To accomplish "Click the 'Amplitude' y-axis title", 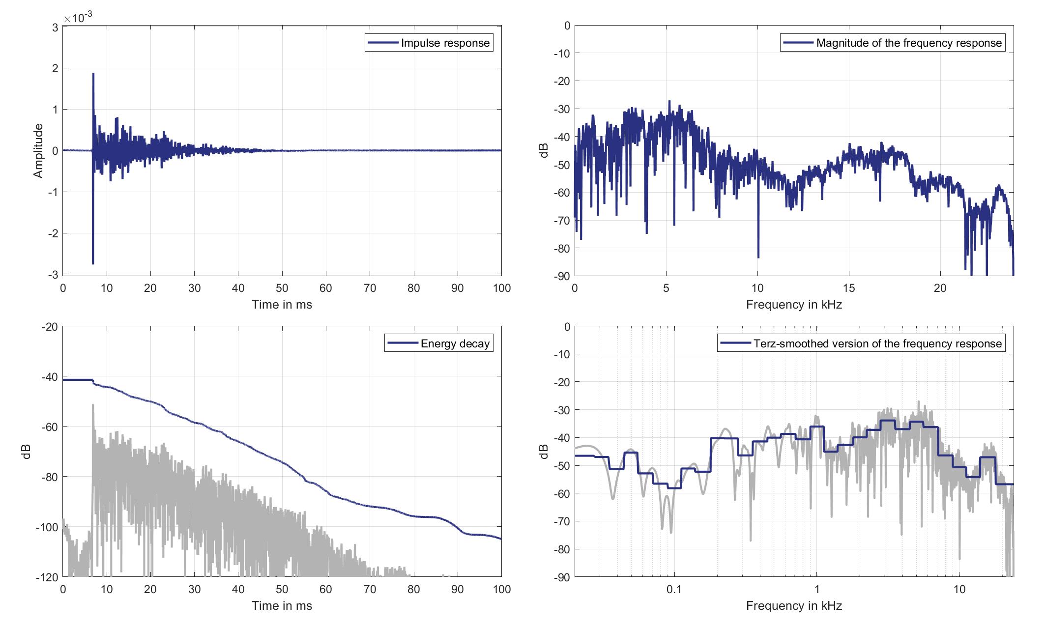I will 38,151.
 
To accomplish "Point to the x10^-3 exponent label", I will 78,18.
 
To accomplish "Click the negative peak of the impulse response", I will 93,263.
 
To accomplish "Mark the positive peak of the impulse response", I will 93,74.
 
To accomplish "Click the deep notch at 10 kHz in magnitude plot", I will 758,256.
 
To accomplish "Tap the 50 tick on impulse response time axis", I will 282,288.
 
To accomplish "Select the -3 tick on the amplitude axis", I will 53,275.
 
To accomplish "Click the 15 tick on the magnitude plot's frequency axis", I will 849,288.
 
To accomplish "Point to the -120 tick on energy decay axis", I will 47,577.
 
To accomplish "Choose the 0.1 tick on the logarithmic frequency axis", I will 674,589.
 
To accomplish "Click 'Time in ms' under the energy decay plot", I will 282,606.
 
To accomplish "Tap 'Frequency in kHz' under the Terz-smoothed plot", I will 794,606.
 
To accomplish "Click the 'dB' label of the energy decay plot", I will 27,452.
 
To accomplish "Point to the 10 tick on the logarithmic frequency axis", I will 959,589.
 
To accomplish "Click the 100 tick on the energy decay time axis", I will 501,589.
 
